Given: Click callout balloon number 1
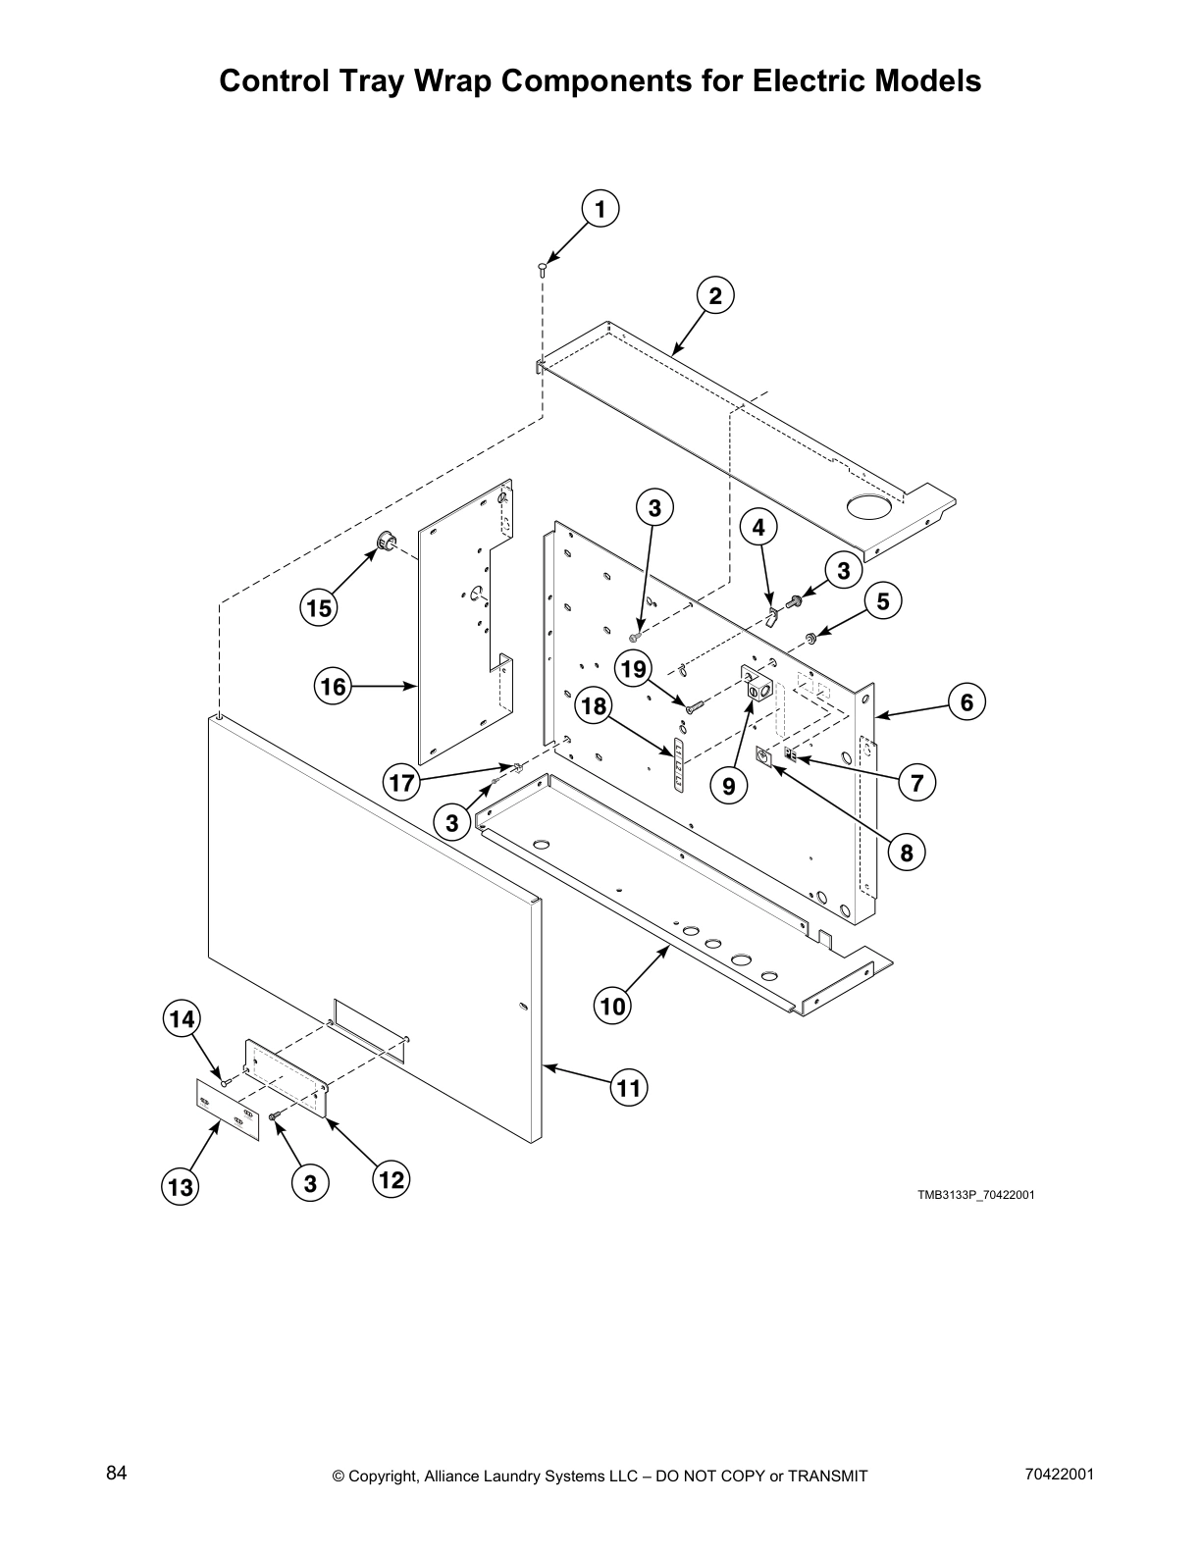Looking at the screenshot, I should pos(600,209).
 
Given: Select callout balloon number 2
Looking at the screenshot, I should pos(715,295).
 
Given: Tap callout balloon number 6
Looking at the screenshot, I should pos(966,702).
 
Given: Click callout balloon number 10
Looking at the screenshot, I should pos(612,1006).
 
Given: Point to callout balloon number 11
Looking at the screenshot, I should pos(629,1087).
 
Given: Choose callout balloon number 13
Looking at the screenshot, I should pos(181,1187).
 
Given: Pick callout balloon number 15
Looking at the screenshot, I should pos(318,608).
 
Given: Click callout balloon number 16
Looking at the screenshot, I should pos(334,686).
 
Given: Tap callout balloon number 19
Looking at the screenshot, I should pos(634,669).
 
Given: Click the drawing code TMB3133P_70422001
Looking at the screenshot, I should pos(976,1195).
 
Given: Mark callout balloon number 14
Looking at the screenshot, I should pos(181,1019).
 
